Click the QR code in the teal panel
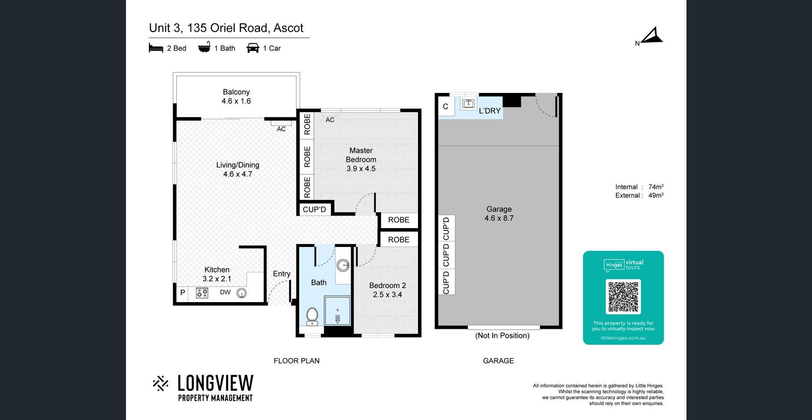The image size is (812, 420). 623,297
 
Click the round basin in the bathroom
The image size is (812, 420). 343,266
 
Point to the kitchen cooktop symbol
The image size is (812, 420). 202,293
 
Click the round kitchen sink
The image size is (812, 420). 241,293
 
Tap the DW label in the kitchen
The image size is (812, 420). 225,292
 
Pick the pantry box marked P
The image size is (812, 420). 183,293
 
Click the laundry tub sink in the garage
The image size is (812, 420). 468,104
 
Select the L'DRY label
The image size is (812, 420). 490,111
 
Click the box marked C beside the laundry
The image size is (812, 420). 445,107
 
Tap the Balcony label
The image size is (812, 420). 236,92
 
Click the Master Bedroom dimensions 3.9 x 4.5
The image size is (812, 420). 361,169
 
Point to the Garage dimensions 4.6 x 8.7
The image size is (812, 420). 499,218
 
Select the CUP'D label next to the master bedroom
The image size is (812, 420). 314,210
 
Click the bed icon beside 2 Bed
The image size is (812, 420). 156,48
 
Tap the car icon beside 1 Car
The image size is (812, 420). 253,48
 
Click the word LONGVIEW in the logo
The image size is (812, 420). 215,383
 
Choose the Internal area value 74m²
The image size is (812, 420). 656,187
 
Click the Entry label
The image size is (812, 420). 282,274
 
